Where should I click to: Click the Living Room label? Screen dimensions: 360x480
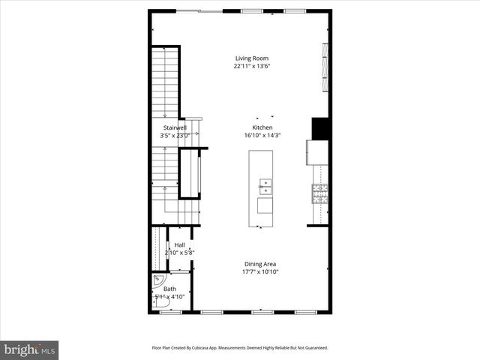pyautogui.click(x=251, y=58)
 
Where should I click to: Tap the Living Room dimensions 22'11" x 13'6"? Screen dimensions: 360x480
pyautogui.click(x=251, y=66)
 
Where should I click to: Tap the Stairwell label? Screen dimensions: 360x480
pyautogui.click(x=175, y=128)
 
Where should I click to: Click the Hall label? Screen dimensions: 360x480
pyautogui.click(x=180, y=245)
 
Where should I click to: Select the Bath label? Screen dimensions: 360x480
pyautogui.click(x=170, y=289)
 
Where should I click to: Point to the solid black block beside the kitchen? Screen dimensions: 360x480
pyautogui.click(x=320, y=128)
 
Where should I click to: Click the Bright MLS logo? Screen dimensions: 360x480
pyautogui.click(x=30, y=349)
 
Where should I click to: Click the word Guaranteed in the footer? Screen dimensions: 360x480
pyautogui.click(x=313, y=348)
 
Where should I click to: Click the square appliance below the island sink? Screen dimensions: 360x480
pyautogui.click(x=265, y=205)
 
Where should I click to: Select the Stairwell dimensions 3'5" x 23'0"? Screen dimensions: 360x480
pyautogui.click(x=175, y=136)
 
